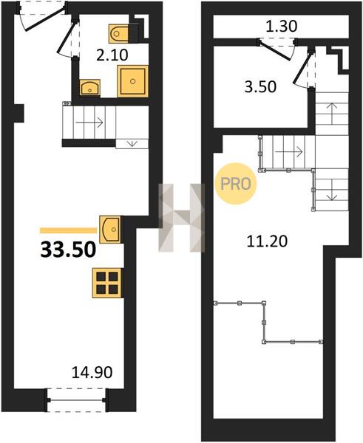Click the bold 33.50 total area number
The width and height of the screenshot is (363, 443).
(x=68, y=250)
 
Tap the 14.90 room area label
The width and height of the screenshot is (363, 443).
(x=92, y=372)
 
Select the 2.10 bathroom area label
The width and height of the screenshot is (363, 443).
(x=112, y=55)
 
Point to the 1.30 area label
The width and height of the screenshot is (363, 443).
(x=282, y=27)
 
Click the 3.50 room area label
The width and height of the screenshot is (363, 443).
(x=260, y=86)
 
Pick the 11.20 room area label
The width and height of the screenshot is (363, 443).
(x=267, y=241)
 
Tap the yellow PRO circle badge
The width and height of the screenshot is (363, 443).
(x=236, y=184)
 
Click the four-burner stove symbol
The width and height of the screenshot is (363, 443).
(x=107, y=283)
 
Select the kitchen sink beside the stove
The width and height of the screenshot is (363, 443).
(x=109, y=229)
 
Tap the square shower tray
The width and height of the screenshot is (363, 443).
(x=132, y=81)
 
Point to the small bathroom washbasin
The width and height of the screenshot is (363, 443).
(x=90, y=88)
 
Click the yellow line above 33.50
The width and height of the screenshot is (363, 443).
(x=69, y=230)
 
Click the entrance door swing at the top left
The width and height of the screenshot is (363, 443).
(x=42, y=16)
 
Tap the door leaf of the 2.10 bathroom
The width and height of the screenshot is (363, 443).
(x=67, y=38)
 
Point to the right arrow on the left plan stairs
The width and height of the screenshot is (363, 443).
(x=89, y=123)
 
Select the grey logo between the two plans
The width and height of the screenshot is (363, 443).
(x=181, y=218)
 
